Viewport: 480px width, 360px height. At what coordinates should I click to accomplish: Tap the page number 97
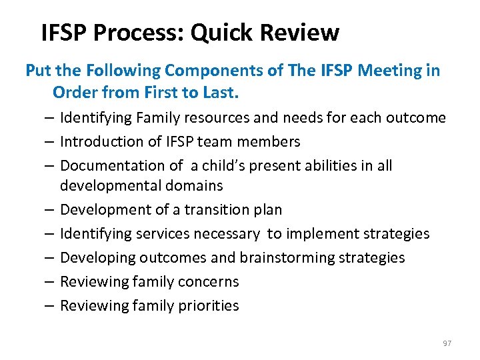pyautogui.click(x=447, y=343)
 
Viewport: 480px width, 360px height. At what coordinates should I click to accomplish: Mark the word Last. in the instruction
pyautogui.click(x=217, y=92)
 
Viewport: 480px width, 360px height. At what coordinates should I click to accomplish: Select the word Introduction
pyautogui.click(x=99, y=141)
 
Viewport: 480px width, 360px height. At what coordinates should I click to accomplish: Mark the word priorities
pyautogui.click(x=207, y=305)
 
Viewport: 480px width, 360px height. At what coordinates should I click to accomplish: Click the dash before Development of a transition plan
pyautogui.click(x=51, y=209)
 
